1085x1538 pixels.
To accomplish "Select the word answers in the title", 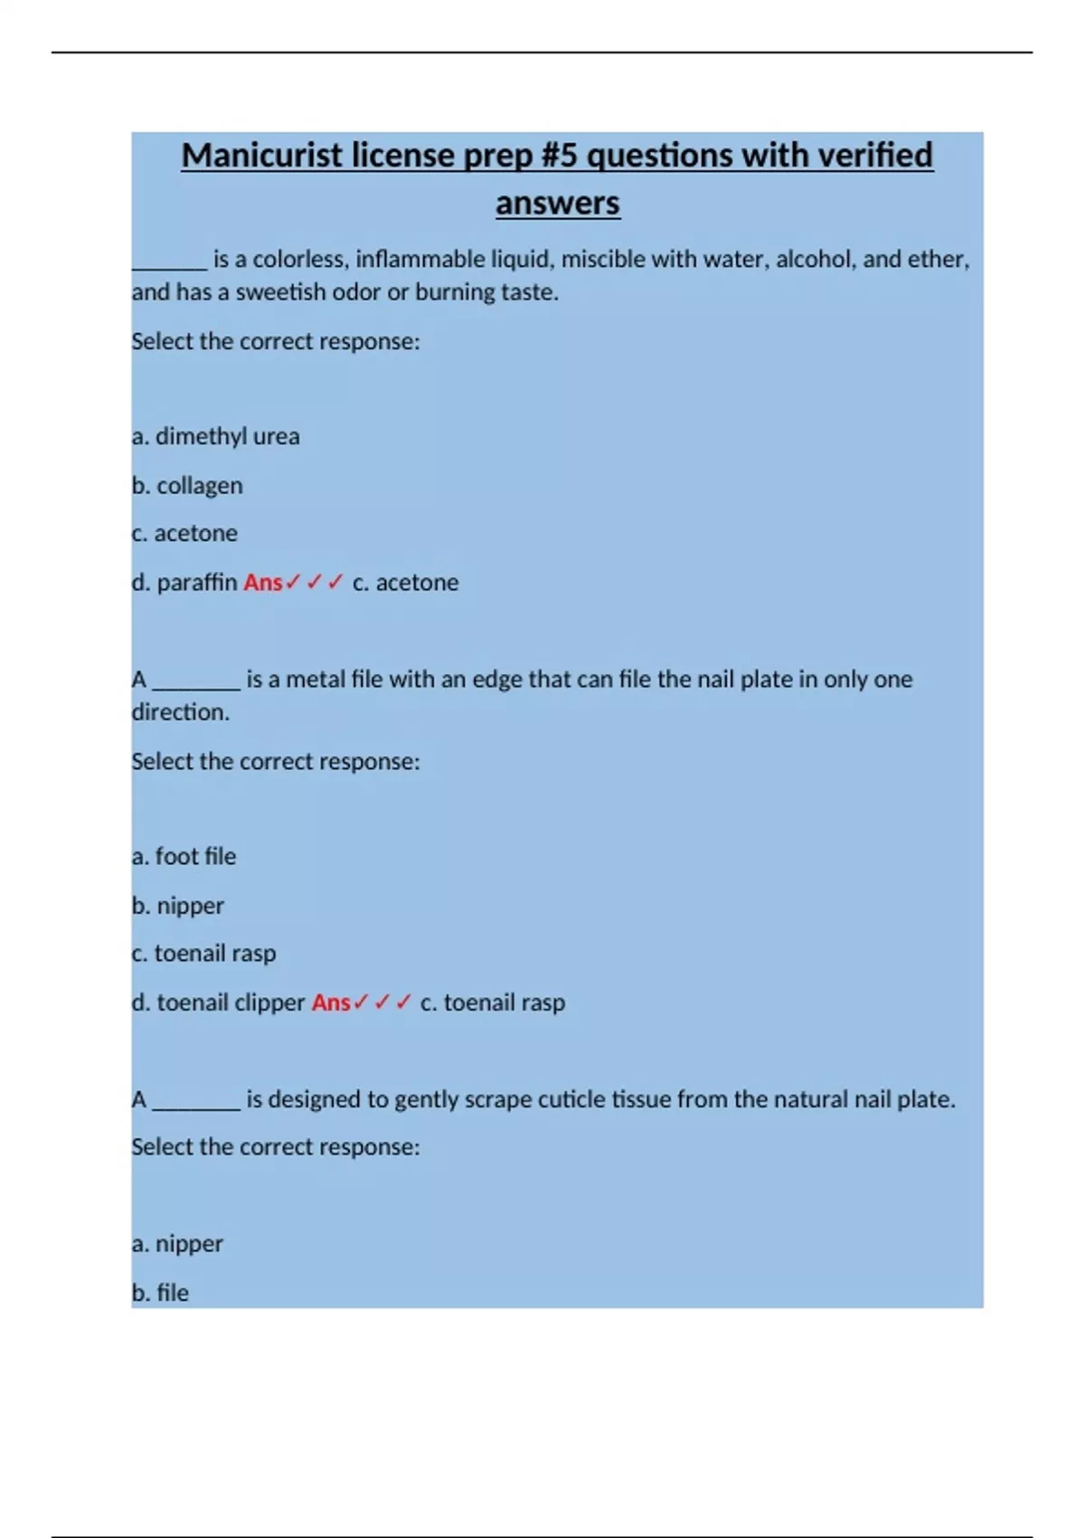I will (x=557, y=203).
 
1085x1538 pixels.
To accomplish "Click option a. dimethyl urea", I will (x=215, y=436).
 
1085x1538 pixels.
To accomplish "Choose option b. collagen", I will (x=187, y=486).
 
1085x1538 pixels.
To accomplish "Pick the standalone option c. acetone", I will (x=184, y=534).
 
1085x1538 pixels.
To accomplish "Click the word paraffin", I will (x=197, y=583).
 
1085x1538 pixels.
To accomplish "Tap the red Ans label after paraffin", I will (x=262, y=583).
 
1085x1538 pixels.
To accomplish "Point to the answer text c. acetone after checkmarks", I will (x=405, y=583).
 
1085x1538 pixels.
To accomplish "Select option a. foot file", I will (x=184, y=856).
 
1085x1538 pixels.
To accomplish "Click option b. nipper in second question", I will (x=178, y=906).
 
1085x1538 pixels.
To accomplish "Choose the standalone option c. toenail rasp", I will (x=203, y=954).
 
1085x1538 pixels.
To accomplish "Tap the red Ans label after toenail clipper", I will (x=331, y=1002).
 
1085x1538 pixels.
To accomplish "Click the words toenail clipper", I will (x=231, y=1002).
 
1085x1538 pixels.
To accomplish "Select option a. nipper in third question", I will (x=177, y=1244).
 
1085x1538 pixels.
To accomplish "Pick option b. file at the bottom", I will (x=160, y=1293).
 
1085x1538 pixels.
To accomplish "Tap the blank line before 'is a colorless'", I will (x=169, y=262).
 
